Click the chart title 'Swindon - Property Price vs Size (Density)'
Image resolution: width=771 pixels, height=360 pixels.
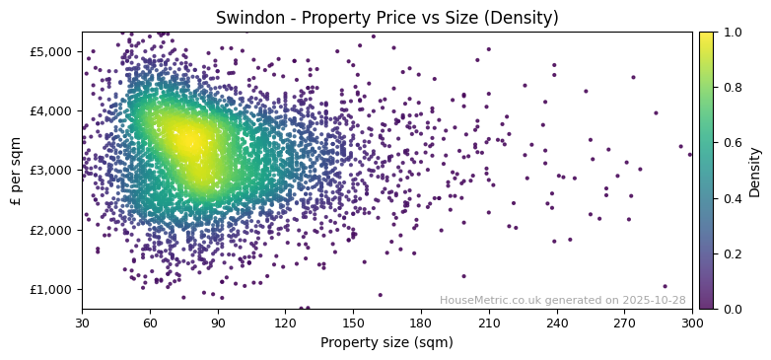(386, 18)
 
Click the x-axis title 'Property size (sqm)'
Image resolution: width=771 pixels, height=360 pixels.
(386, 343)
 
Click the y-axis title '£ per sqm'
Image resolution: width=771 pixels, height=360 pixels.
(16, 171)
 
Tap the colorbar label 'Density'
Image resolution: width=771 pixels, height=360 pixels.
(754, 171)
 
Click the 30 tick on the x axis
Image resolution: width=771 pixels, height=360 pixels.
(82, 323)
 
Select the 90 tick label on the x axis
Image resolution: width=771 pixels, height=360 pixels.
(218, 323)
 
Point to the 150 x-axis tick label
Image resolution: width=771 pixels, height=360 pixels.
(353, 323)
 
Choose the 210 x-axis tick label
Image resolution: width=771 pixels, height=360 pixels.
(489, 323)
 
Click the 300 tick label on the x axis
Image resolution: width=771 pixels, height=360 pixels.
(692, 323)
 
